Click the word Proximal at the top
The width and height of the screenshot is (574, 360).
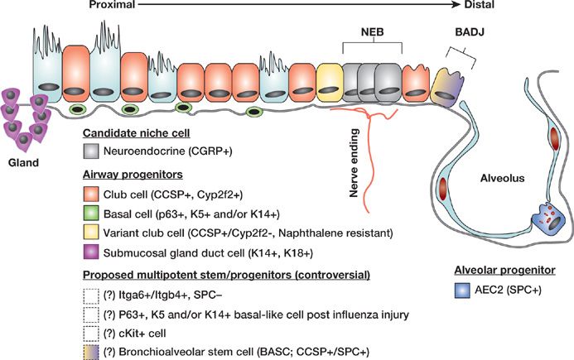click(x=125, y=7)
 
